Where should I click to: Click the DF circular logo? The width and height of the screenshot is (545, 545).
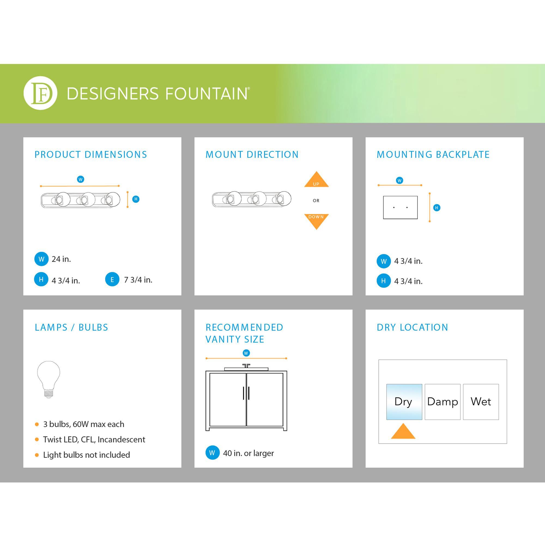[x=40, y=93]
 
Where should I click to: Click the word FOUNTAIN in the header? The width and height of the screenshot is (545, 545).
[x=206, y=94]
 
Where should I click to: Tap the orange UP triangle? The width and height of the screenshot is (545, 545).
[x=316, y=179]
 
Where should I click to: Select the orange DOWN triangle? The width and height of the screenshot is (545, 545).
[x=316, y=222]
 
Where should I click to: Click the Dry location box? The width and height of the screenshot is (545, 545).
[x=404, y=402]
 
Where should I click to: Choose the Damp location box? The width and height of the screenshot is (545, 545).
[x=442, y=402]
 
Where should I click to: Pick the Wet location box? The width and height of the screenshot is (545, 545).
[x=481, y=402]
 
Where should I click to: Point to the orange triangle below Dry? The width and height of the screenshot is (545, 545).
[x=403, y=431]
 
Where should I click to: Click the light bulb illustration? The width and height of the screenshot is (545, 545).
[x=49, y=379]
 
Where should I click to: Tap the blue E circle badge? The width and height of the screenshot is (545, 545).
[x=112, y=279]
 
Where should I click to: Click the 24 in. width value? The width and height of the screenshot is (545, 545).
[x=61, y=259]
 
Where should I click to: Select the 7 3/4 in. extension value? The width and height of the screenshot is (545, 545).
[x=138, y=280]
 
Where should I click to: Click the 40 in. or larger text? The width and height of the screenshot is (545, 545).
[x=248, y=453]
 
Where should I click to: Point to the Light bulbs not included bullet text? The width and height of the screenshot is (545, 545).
[x=86, y=455]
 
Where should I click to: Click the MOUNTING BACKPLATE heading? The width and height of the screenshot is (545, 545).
[x=433, y=154]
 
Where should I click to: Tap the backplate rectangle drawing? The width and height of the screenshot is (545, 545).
[x=400, y=207]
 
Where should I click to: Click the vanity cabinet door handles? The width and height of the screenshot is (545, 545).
[x=246, y=393]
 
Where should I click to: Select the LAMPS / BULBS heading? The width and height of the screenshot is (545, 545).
[x=71, y=327]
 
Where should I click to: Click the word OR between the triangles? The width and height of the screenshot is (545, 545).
[x=316, y=201]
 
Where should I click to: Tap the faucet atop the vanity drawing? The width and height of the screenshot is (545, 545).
[x=246, y=366]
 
